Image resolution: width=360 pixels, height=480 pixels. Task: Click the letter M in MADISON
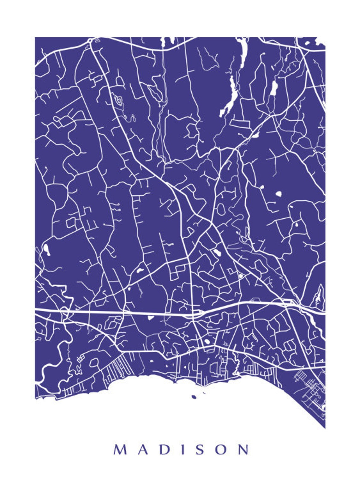tap(120, 449)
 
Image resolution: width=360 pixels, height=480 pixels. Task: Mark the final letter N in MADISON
tap(243, 449)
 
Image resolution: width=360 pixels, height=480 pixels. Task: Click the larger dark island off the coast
tap(193, 397)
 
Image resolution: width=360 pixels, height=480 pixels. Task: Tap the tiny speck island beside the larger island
tap(204, 393)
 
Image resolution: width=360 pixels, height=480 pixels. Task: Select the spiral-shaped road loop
tap(119, 100)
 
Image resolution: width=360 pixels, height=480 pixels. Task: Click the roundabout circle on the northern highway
tap(90, 40)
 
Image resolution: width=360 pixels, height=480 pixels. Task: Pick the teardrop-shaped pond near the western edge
tap(46, 249)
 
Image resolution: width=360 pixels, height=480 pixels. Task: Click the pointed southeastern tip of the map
tap(324, 428)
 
